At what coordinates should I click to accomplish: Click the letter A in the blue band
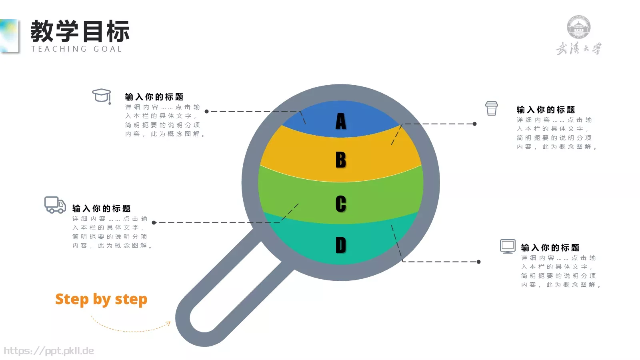tap(340, 121)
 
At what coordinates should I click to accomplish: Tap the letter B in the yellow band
tap(340, 160)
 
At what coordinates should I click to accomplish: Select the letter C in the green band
tap(340, 204)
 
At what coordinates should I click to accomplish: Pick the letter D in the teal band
tap(340, 245)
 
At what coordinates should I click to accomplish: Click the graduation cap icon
tap(102, 96)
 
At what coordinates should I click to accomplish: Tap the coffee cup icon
tap(492, 108)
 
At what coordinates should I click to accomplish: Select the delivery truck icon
tap(55, 205)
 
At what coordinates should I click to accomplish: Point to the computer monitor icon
tap(508, 246)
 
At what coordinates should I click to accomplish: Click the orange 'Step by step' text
tap(102, 300)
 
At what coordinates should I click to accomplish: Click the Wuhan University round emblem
tap(578, 27)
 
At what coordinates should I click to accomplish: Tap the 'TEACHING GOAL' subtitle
tap(76, 49)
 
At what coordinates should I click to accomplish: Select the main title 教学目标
tap(80, 31)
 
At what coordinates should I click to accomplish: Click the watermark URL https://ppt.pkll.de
tap(49, 351)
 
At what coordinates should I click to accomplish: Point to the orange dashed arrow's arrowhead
tap(168, 324)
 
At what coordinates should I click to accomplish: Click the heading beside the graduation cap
tap(154, 97)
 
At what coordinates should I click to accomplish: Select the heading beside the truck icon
tap(102, 208)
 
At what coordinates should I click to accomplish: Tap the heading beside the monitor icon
tap(550, 248)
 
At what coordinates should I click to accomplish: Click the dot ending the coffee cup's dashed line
tap(474, 124)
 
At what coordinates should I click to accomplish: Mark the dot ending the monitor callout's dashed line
tap(478, 262)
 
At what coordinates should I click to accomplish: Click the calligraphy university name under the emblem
tap(579, 48)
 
